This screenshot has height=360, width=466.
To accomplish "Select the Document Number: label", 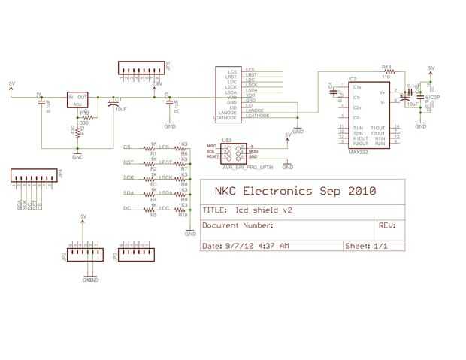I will [x=238, y=225].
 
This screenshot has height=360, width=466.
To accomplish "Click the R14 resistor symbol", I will [x=386, y=72].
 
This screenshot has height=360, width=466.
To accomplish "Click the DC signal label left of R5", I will [x=128, y=208].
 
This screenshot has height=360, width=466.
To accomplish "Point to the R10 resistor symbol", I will [x=180, y=210].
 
